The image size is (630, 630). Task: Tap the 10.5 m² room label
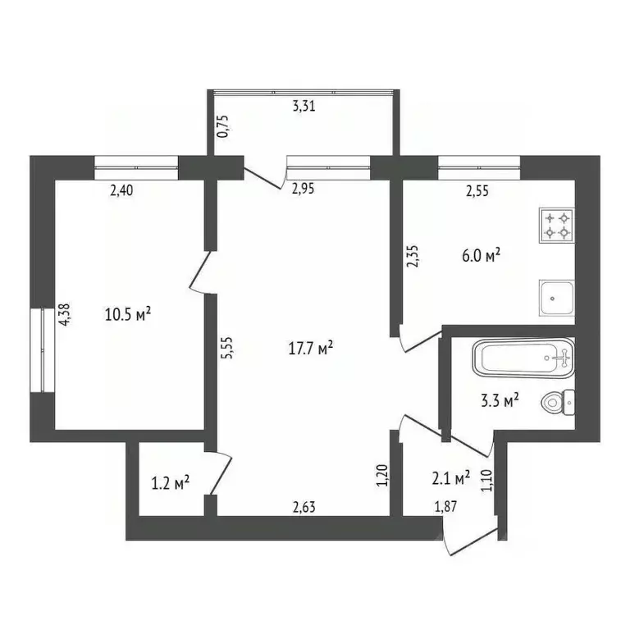point(128,313)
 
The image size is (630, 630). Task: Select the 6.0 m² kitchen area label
point(481,255)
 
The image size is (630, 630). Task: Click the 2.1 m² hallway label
point(450,476)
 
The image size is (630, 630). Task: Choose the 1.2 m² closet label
point(171,482)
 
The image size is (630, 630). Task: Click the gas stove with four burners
point(557,225)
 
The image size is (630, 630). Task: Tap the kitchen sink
point(557,297)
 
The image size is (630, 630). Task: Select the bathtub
point(523,358)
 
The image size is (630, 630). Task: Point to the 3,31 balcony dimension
point(304,105)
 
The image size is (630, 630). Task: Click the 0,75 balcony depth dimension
point(221,125)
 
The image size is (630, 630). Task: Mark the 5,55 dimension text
point(231,350)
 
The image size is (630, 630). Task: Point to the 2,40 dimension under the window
point(121,191)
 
